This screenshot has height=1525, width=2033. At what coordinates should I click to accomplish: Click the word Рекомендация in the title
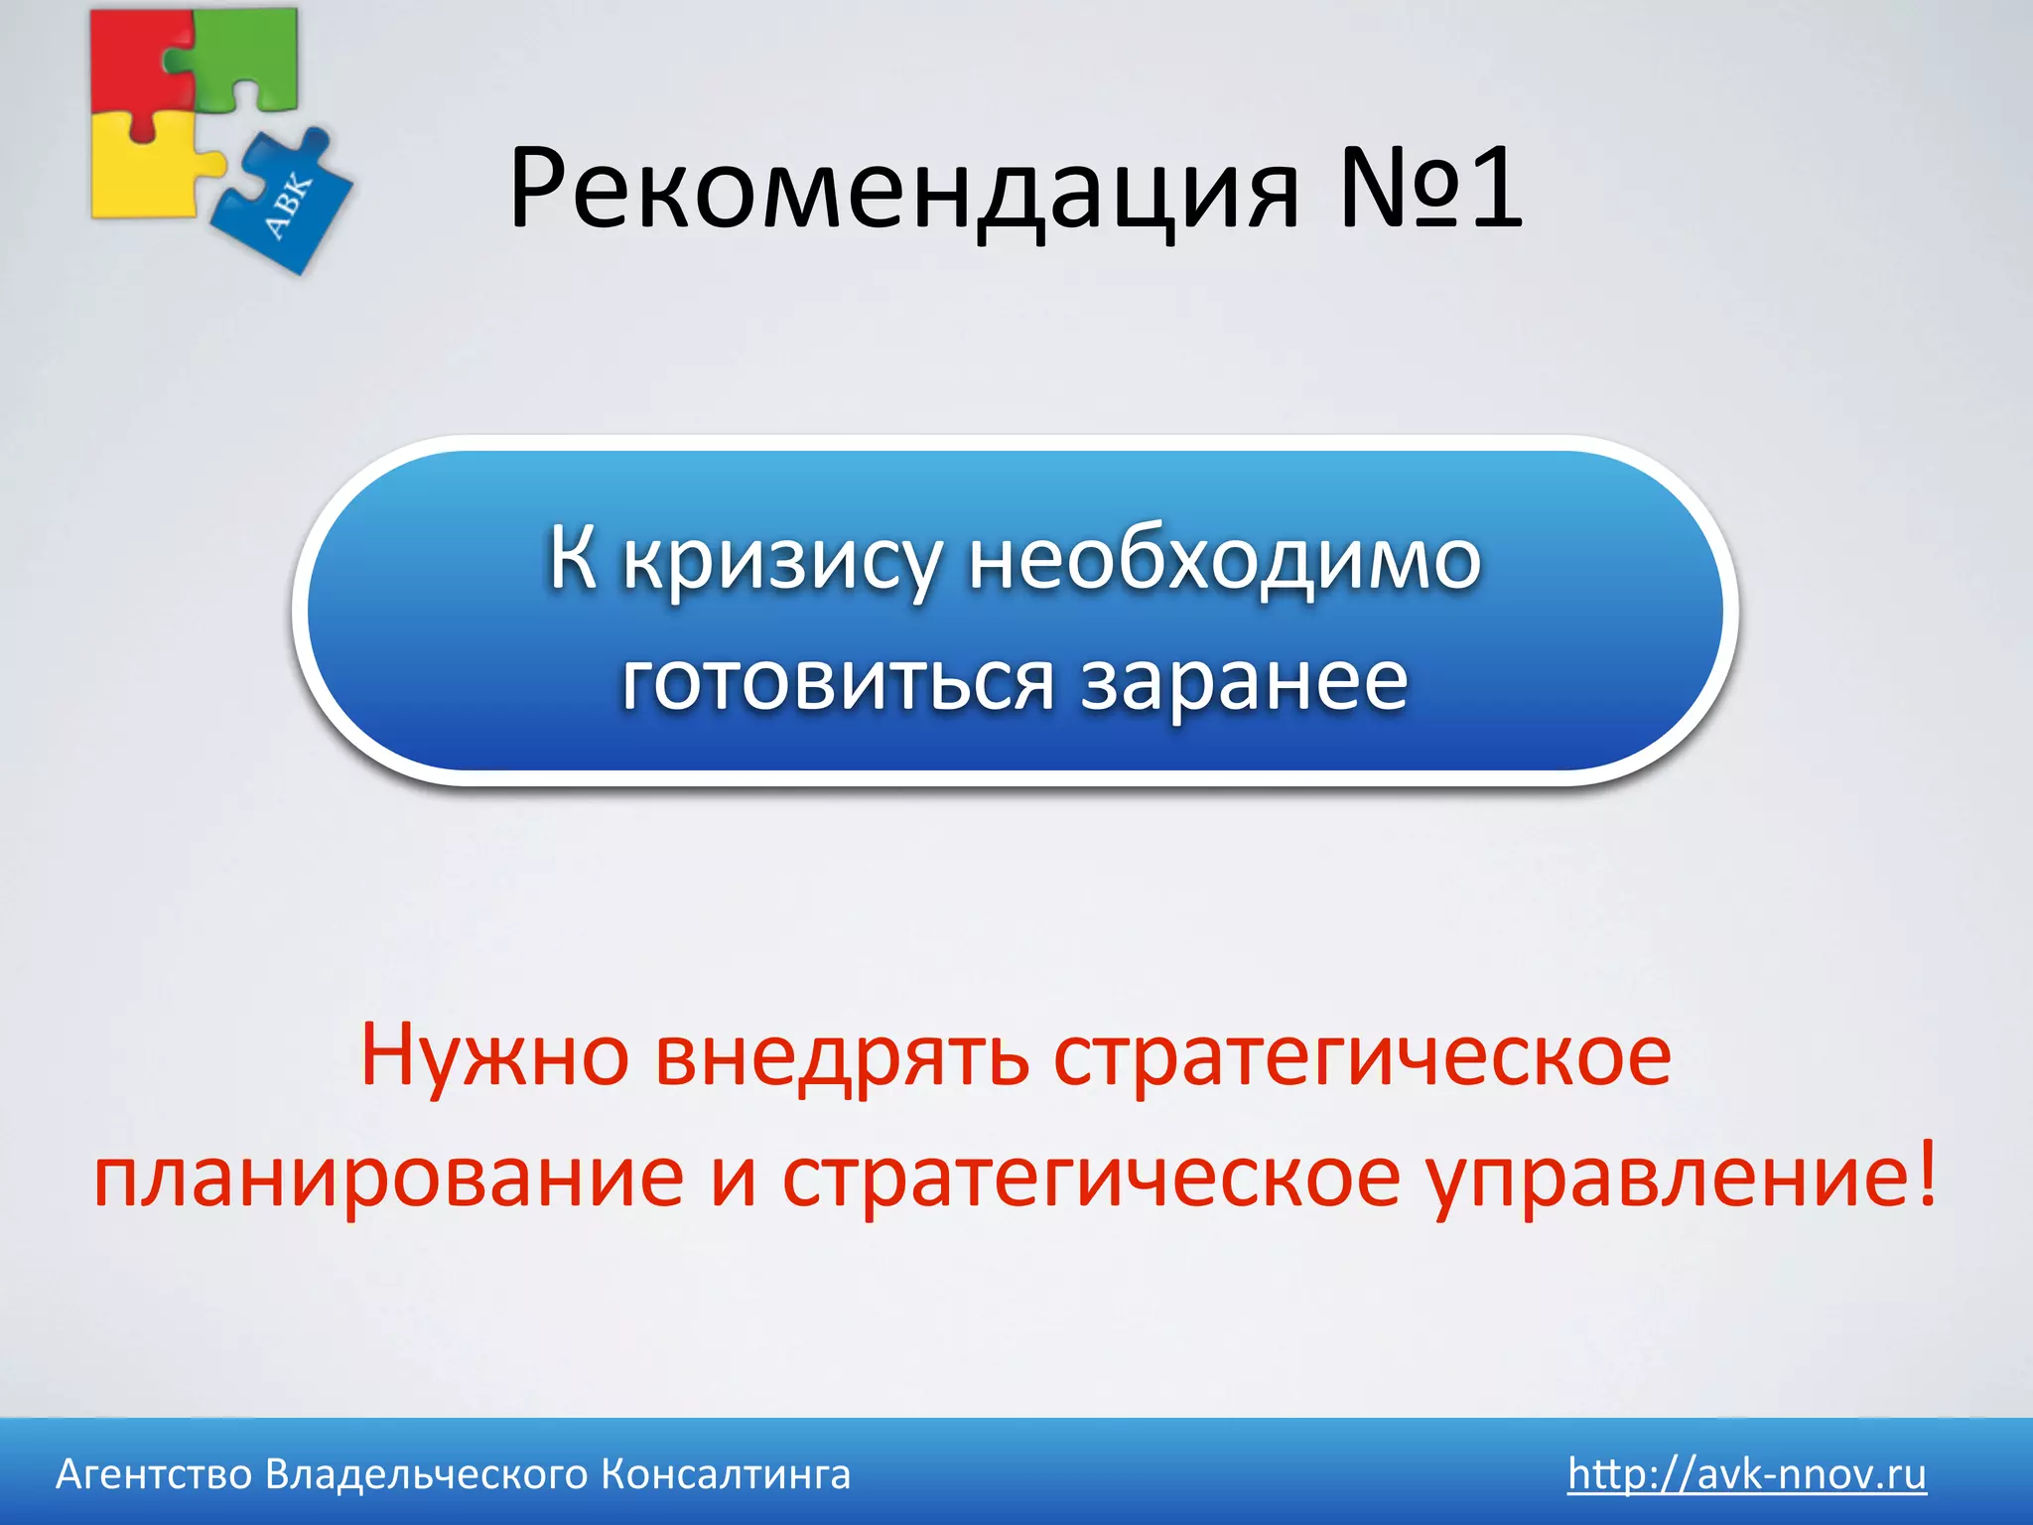pyautogui.click(x=903, y=189)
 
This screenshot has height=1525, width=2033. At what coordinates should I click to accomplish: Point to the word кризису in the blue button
pyautogui.click(x=780, y=562)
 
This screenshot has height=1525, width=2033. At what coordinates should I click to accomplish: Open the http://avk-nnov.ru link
pyautogui.click(x=1746, y=1474)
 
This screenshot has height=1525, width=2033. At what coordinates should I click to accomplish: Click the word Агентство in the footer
pyautogui.click(x=154, y=1475)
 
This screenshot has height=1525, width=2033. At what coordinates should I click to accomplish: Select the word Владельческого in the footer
pyautogui.click(x=427, y=1475)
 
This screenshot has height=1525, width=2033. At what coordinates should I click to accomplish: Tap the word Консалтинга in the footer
pyautogui.click(x=726, y=1475)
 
